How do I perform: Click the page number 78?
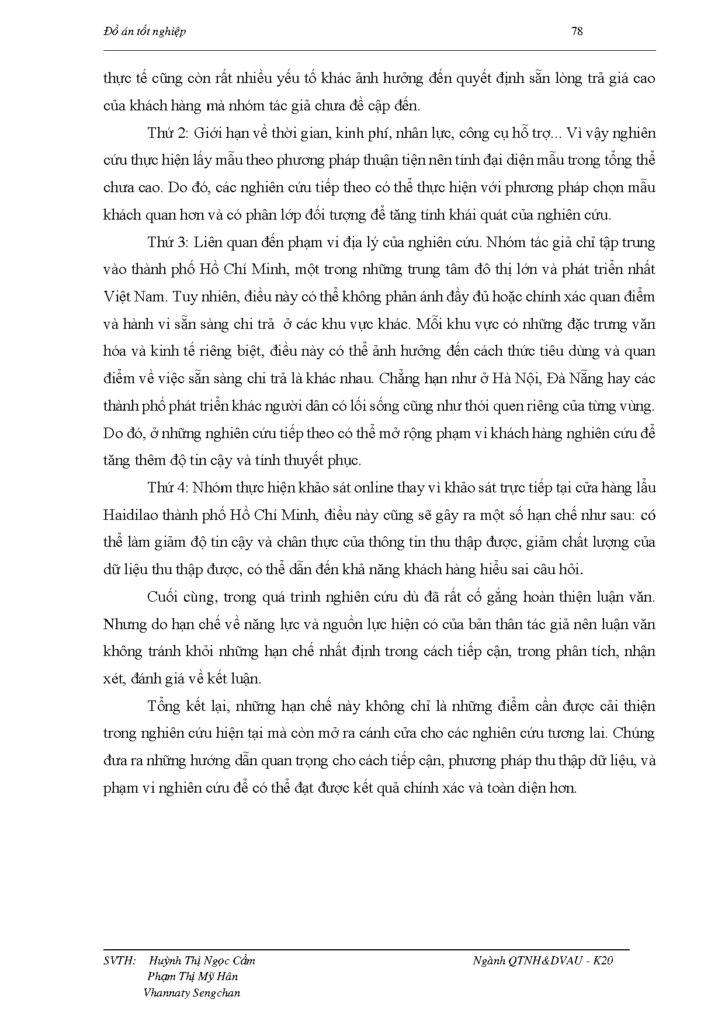click(x=577, y=32)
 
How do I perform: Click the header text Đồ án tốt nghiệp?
click(x=144, y=32)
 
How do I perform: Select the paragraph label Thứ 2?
click(x=166, y=133)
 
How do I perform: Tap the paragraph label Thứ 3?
click(x=166, y=242)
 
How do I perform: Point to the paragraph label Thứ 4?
click(x=166, y=488)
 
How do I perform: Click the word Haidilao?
click(x=130, y=515)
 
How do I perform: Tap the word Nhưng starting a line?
click(x=124, y=624)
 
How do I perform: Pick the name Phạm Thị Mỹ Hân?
click(x=193, y=977)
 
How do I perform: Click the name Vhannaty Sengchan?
click(x=192, y=993)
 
